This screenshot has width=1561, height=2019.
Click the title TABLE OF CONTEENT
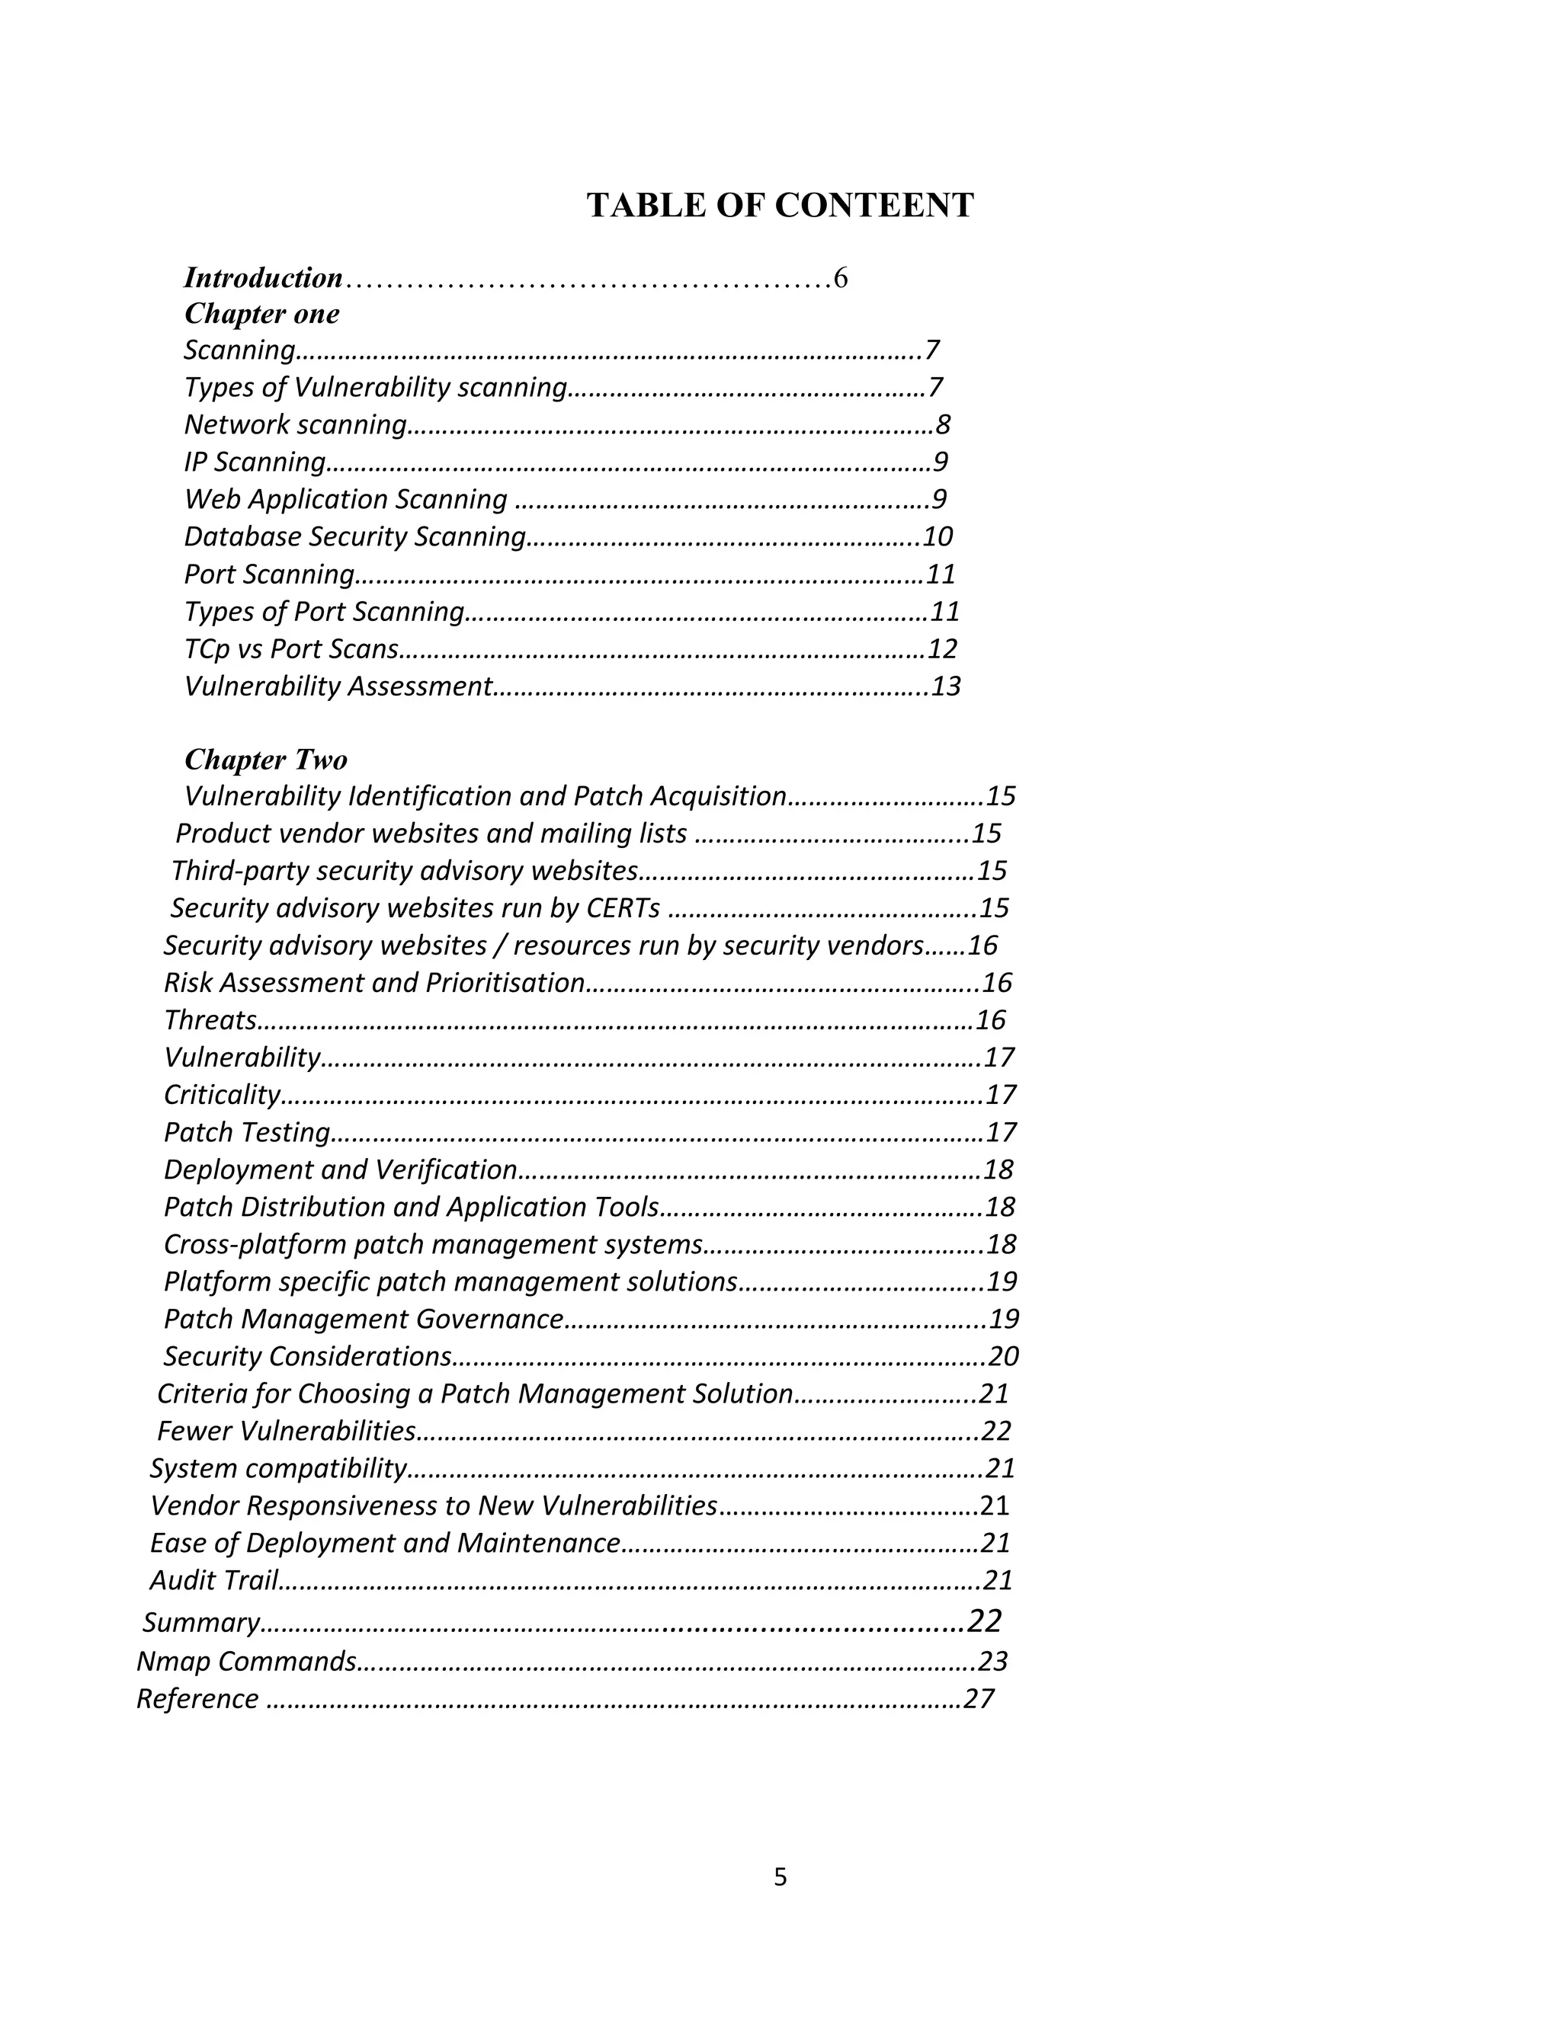click(780, 205)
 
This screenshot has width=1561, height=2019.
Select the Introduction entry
click(264, 278)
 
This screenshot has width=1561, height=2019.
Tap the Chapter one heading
click(261, 315)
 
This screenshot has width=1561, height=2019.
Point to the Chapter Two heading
click(265, 760)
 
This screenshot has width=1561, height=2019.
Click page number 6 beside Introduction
click(841, 278)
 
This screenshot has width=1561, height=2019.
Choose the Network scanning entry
click(295, 425)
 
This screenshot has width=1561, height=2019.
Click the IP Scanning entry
click(255, 462)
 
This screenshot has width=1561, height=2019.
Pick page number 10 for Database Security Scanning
click(938, 537)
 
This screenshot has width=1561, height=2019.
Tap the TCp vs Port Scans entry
click(291, 650)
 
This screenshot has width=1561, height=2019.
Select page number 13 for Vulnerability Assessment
click(946, 687)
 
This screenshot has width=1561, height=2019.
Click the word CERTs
click(623, 909)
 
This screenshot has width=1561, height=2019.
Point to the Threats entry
click(210, 1021)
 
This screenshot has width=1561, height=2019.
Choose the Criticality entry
click(222, 1096)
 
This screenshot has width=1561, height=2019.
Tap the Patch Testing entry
click(247, 1132)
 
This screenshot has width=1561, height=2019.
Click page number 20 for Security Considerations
click(1003, 1357)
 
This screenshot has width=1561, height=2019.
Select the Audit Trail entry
click(213, 1581)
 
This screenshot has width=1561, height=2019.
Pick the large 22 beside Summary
click(985, 1621)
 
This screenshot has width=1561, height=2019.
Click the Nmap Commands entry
click(246, 1662)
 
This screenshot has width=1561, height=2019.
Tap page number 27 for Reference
click(979, 1699)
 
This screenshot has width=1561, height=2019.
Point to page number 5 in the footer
click(780, 1877)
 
